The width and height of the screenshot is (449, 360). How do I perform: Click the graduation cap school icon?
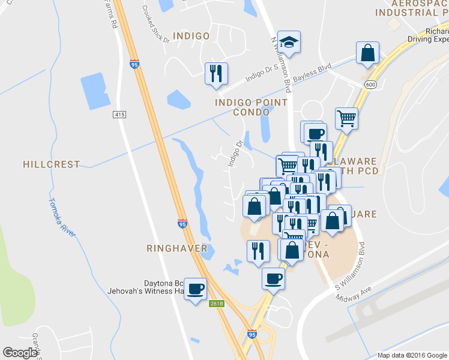(x=289, y=42)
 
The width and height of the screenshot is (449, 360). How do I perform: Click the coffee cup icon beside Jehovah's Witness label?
(x=195, y=289)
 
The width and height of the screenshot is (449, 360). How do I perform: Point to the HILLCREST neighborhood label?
(x=51, y=164)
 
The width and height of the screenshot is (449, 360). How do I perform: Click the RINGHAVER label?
(x=177, y=248)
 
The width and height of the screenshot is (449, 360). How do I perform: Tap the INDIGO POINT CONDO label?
(x=252, y=107)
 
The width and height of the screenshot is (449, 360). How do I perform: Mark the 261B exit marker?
(x=217, y=304)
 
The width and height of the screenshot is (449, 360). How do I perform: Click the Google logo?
(x=20, y=352)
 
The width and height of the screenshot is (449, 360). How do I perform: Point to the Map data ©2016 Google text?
(x=411, y=355)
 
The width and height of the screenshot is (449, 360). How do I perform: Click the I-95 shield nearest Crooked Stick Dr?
(x=133, y=63)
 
